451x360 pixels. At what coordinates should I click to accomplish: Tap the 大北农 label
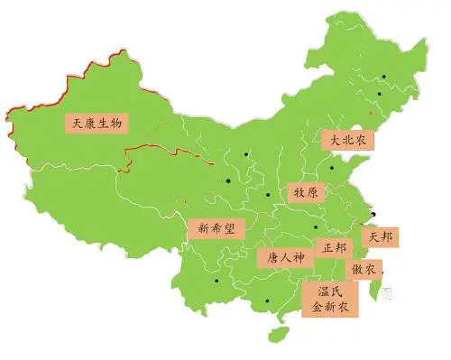346,140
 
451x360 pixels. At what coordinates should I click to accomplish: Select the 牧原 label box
304,193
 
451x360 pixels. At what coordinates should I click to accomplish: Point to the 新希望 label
216,228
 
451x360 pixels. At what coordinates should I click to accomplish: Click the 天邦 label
380,236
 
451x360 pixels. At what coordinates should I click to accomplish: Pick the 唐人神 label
281,258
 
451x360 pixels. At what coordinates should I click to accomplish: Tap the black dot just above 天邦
375,214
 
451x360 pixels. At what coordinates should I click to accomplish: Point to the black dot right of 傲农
385,269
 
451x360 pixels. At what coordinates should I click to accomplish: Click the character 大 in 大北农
333,140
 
